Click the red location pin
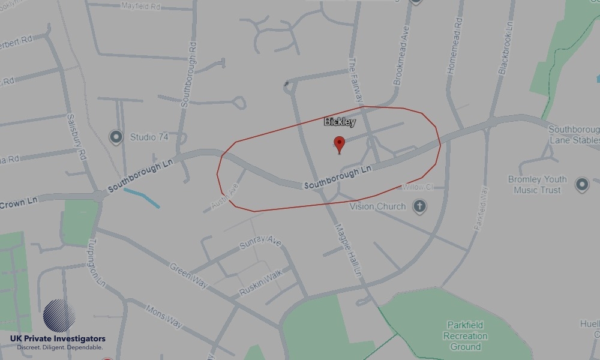340,144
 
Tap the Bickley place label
340,122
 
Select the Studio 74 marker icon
116,137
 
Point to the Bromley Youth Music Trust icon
581,184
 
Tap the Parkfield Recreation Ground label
466,336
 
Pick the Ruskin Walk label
260,285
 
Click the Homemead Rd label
455,45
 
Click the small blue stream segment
142,198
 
